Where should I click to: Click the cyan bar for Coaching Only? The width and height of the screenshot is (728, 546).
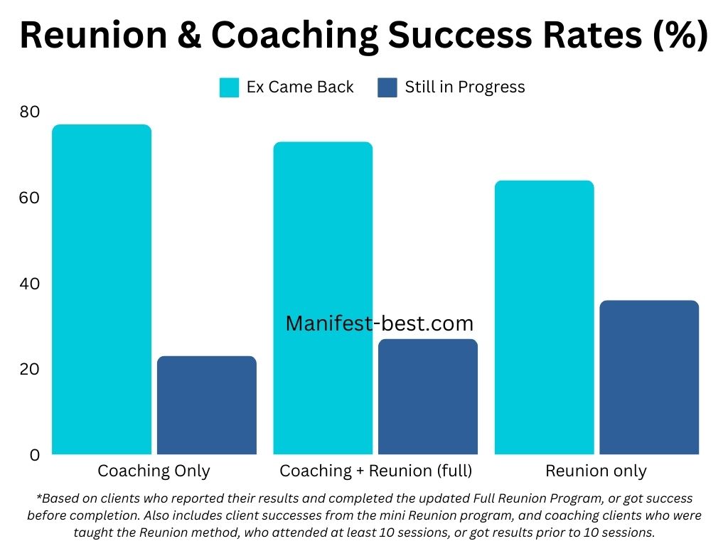(102, 289)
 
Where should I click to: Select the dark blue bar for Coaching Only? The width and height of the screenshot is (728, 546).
(207, 405)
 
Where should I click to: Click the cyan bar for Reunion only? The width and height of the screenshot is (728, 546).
(544, 317)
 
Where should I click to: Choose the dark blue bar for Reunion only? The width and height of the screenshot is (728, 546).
(649, 378)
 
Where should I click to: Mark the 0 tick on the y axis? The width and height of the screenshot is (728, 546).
(34, 455)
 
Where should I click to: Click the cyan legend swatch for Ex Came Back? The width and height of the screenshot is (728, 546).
(230, 87)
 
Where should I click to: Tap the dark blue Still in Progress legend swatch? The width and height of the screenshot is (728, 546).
(388, 87)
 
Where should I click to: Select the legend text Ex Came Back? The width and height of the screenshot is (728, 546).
(300, 87)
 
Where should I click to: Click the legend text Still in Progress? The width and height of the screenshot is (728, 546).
(465, 87)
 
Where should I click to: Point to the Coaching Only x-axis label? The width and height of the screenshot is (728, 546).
(154, 471)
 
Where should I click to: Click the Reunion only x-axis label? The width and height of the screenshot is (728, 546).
(596, 471)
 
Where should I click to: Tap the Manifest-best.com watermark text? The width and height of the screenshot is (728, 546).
(379, 324)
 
